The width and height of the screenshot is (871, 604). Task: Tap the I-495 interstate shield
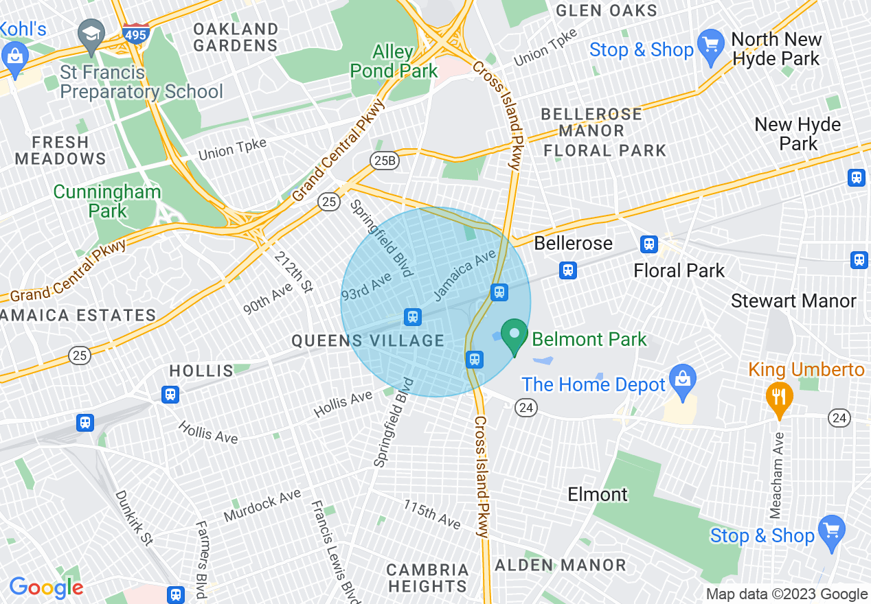pos(136,32)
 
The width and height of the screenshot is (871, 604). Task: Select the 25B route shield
pos(386,161)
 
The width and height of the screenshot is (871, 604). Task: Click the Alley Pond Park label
pos(394,62)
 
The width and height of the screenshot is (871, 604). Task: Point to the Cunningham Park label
pos(107,201)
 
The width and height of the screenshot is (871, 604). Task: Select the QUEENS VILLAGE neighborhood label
pos(367,340)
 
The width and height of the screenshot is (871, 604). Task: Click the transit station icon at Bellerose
pos(567,270)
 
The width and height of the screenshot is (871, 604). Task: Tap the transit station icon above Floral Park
pos(648,244)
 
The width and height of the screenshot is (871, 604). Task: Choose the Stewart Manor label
pos(793,301)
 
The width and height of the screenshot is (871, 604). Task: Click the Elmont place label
pos(598,494)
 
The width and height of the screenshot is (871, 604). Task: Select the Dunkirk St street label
pos(134,517)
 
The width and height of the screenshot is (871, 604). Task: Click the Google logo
pos(46,588)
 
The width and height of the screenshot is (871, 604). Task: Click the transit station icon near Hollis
pos(170,395)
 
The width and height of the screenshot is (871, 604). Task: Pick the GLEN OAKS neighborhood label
pos(607,10)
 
